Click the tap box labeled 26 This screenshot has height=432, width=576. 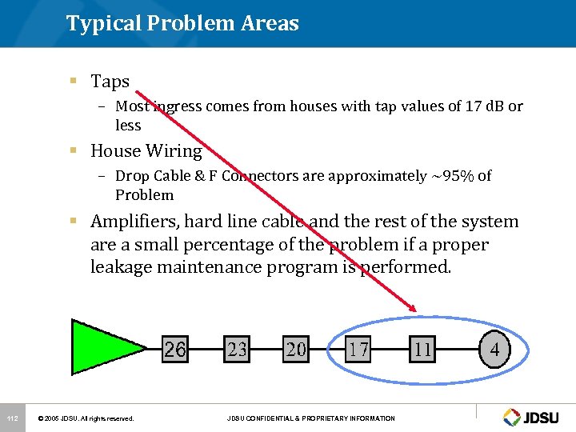pyautogui.click(x=175, y=350)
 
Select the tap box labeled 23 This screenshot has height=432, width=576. pyautogui.click(x=238, y=350)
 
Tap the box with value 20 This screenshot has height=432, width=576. pyautogui.click(x=296, y=350)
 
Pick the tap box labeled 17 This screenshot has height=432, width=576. pyautogui.click(x=358, y=350)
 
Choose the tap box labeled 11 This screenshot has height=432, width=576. pyautogui.click(x=422, y=350)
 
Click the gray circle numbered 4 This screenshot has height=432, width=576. pyautogui.click(x=494, y=350)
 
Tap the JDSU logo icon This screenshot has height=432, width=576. pyautogui.click(x=512, y=417)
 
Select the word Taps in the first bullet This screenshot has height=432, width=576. pyautogui.click(x=110, y=82)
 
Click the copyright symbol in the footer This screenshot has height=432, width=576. pyautogui.click(x=42, y=418)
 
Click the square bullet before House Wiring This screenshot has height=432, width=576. pyautogui.click(x=73, y=150)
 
